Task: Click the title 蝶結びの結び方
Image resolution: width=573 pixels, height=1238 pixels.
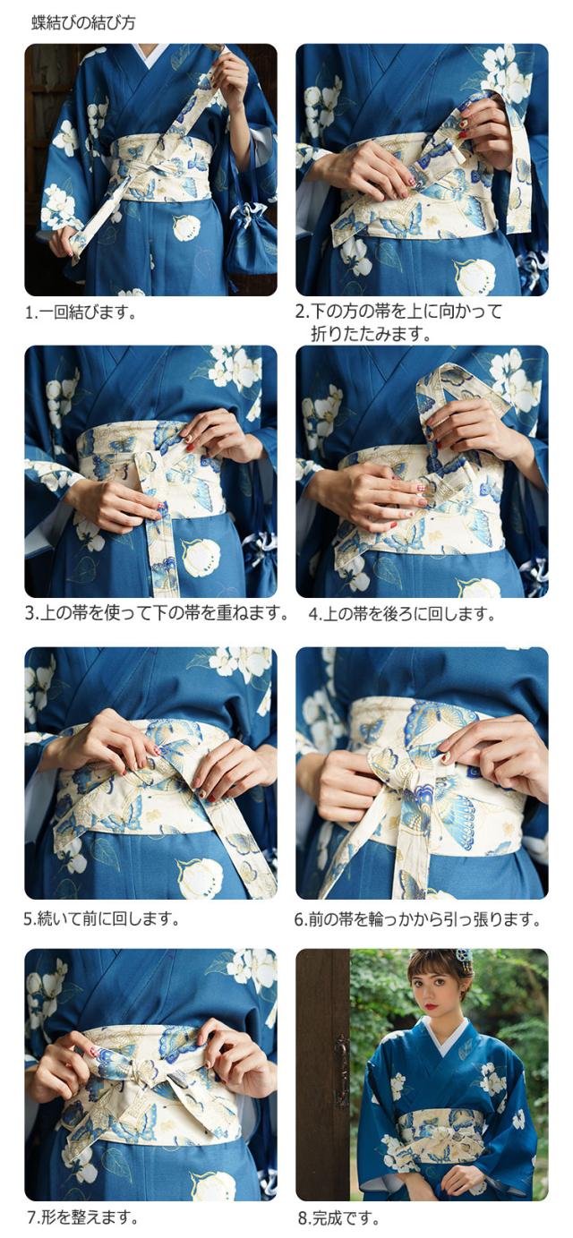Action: coord(83,23)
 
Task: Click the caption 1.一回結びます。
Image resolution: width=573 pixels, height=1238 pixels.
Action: coord(81,312)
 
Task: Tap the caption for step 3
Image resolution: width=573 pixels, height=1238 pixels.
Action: coord(157,613)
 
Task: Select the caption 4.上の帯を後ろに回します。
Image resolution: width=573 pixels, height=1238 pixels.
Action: coord(402,613)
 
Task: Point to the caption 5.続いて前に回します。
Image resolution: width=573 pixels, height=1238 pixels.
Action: coord(102,918)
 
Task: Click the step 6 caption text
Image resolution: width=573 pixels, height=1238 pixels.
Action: coord(417,918)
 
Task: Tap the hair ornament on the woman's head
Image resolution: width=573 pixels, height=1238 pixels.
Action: coord(462,961)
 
